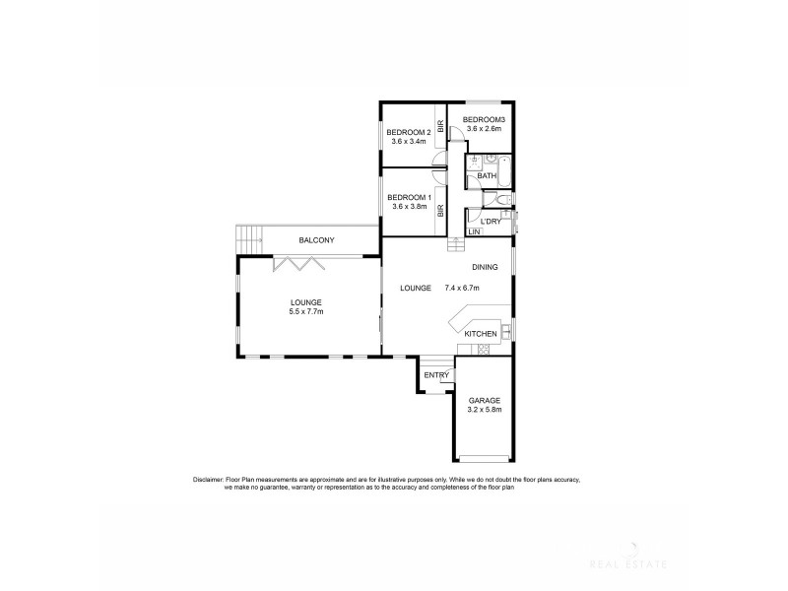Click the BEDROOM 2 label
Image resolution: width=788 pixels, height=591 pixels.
[x=408, y=132]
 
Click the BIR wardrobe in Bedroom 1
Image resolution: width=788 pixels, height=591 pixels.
[x=441, y=210]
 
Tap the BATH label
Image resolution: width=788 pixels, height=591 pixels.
[x=488, y=175]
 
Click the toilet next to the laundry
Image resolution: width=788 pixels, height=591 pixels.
[x=503, y=202]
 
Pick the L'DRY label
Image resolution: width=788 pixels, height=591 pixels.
[x=491, y=222]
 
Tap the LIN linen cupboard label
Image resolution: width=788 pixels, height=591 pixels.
[x=474, y=232]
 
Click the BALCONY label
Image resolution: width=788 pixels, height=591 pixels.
[x=317, y=240]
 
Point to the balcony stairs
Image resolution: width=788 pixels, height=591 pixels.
[x=250, y=237]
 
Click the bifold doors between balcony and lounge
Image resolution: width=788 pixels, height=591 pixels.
[x=293, y=263]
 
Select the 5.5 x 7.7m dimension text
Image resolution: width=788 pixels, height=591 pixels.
[x=306, y=311]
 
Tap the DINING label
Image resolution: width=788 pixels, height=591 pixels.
[x=485, y=267]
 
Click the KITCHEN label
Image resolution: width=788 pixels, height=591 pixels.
[x=480, y=335]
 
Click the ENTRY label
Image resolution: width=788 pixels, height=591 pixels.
[x=436, y=375]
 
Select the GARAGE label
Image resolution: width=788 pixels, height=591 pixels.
[x=484, y=401]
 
